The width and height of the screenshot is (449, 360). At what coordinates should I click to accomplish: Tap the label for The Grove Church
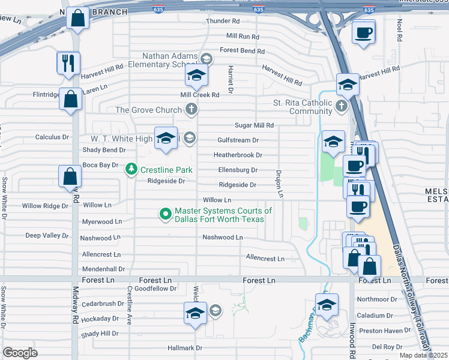tap(148, 110)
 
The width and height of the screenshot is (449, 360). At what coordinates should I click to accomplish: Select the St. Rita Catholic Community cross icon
tap(341, 107)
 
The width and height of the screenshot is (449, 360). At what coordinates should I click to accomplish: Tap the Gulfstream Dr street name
tap(238, 140)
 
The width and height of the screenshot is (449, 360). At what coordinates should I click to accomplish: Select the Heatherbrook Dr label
tap(238, 155)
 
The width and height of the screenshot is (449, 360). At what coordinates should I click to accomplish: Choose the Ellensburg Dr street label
tap(238, 170)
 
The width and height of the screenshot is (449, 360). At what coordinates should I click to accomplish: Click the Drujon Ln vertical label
tap(279, 184)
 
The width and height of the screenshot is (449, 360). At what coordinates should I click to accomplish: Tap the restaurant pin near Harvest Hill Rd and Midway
tap(68, 63)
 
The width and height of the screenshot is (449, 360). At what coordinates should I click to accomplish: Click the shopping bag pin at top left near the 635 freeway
tap(78, 19)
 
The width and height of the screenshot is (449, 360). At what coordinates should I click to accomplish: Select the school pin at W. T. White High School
tap(166, 139)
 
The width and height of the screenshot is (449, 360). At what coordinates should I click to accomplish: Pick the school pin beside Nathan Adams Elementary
tap(196, 76)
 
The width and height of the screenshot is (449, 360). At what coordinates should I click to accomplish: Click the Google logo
tap(20, 352)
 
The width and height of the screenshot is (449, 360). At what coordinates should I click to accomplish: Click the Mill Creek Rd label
tap(200, 95)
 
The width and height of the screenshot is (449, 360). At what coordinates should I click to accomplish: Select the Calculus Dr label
tap(52, 137)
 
